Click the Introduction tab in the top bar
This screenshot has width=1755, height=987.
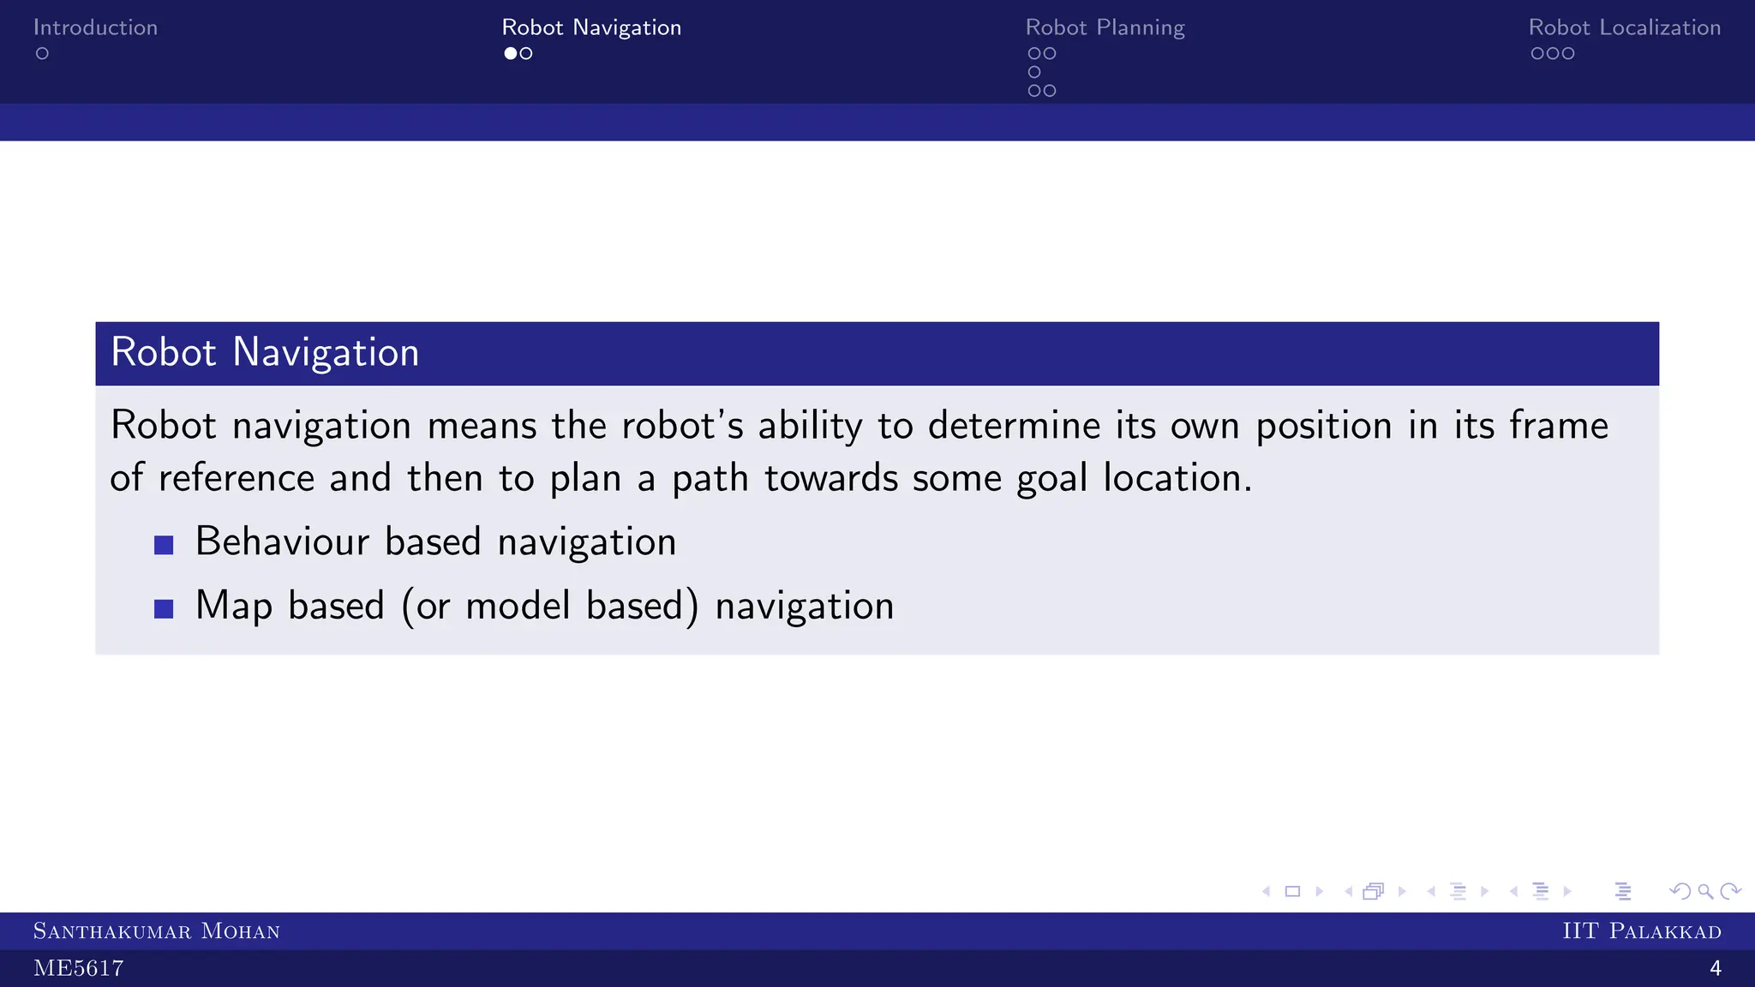tap(95, 27)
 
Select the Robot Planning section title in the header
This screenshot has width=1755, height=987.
tap(1105, 27)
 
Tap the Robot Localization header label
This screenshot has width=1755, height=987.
tap(1624, 27)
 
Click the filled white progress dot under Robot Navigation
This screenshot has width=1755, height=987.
tap(511, 53)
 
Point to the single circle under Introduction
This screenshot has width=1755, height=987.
tap(42, 53)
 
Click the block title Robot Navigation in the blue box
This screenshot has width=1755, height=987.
tap(265, 353)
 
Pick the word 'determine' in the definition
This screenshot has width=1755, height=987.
tap(1014, 426)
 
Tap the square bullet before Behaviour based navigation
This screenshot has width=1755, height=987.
tap(164, 545)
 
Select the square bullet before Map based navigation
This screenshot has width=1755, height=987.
tap(164, 608)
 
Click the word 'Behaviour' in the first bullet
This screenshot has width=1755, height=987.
tap(282, 541)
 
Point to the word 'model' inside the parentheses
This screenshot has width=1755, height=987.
tap(518, 606)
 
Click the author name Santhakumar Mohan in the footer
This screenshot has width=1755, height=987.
tap(156, 931)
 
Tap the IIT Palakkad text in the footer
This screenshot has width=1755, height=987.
tap(1641, 931)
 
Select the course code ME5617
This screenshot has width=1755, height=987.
tap(78, 969)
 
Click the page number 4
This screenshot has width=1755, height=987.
tap(1715, 969)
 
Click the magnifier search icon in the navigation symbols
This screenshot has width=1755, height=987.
tap(1705, 892)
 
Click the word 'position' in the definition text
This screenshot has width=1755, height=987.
tap(1324, 426)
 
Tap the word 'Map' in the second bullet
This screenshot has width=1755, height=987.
tap(233, 606)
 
